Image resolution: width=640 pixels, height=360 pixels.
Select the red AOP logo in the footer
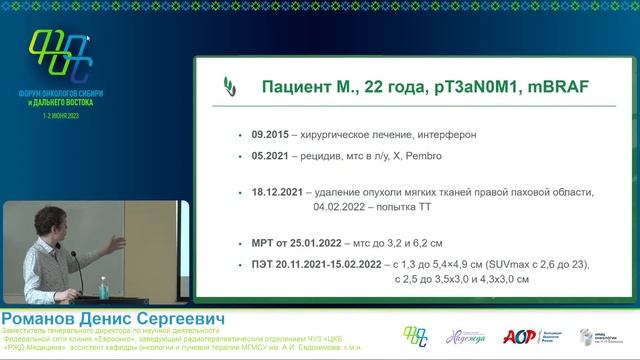click(x=517, y=337)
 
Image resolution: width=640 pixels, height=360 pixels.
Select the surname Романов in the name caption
click(x=42, y=318)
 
